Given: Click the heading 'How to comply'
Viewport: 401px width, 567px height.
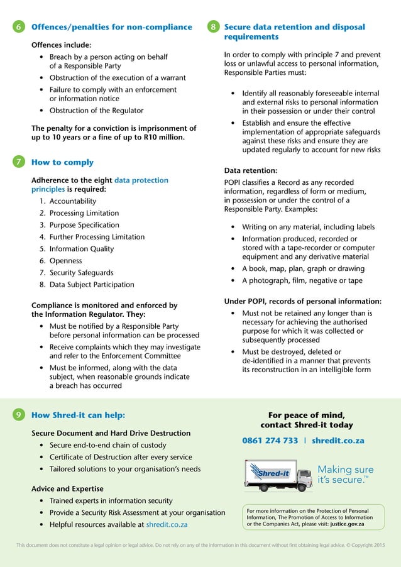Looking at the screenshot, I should point(62,162).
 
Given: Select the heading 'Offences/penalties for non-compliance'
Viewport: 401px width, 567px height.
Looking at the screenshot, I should point(111,27).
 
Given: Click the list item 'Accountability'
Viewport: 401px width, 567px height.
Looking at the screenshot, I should point(72,201).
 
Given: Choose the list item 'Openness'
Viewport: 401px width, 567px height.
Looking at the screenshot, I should point(65,261).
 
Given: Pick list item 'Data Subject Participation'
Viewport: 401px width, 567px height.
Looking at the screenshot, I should point(91,285).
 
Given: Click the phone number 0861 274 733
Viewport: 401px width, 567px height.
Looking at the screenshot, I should point(270,441).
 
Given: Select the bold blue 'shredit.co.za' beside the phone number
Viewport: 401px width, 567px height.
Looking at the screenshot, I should point(338,441).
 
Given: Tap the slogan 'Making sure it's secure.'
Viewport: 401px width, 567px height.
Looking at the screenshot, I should point(345,475).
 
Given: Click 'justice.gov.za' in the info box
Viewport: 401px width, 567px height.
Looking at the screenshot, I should point(348,524).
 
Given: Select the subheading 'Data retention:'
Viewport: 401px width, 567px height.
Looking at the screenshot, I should point(250,170).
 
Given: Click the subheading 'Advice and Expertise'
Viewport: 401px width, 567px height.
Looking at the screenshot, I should point(67,488).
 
